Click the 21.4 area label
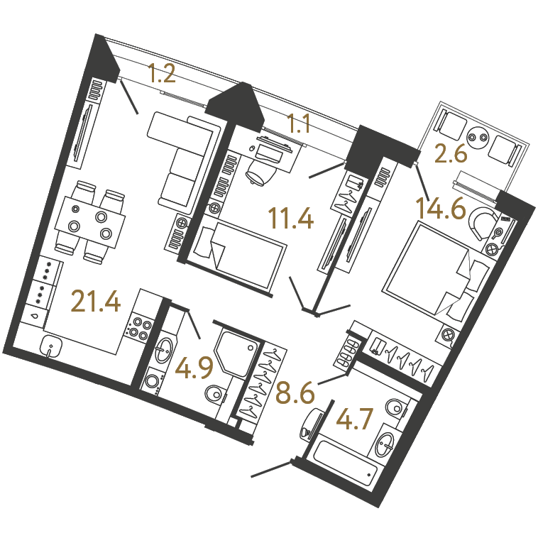[96, 301]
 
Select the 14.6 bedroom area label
[441, 208]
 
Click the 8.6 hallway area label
[295, 393]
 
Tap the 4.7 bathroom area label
[354, 419]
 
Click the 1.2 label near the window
[162, 73]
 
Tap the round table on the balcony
[478, 137]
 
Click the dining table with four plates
[91, 222]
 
